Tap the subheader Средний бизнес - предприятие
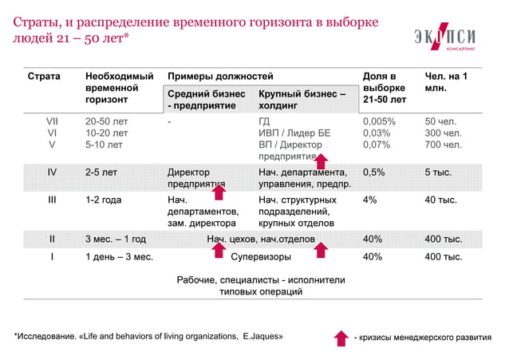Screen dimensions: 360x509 pos(206,99)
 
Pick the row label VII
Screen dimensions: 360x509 pos(53,121)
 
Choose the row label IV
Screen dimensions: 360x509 pos(53,171)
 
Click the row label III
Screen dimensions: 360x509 pos(53,200)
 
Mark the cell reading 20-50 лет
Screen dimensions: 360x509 pos(106,121)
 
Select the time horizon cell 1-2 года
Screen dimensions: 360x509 pos(103,200)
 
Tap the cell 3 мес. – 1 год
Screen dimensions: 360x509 pos(115,239)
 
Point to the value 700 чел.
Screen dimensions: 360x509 pos(444,145)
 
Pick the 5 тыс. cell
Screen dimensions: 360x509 pos(438,171)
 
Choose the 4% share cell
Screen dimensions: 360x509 pos(370,200)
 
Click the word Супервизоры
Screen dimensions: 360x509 pos(261,257)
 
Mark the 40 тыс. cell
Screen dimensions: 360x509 pos(441,200)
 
